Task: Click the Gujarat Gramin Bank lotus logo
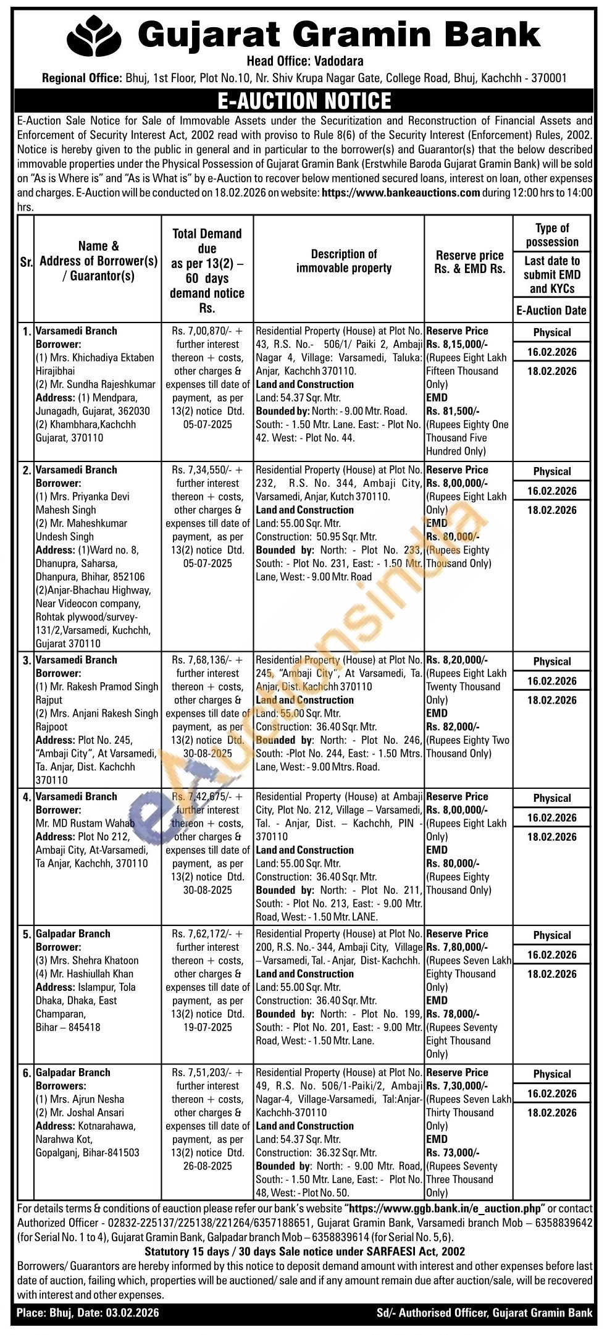(94, 36)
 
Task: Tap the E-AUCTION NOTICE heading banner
(304, 101)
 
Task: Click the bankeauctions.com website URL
(401, 192)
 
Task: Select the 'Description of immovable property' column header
(344, 261)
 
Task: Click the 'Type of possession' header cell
(552, 235)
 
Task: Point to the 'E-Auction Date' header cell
(552, 311)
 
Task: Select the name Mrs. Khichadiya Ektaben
(94, 358)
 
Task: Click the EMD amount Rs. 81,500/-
(453, 411)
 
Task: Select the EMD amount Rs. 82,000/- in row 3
(453, 727)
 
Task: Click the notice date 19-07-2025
(207, 1027)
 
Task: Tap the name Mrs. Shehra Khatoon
(87, 961)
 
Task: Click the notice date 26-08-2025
(207, 1166)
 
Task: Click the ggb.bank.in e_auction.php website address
(445, 1208)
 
